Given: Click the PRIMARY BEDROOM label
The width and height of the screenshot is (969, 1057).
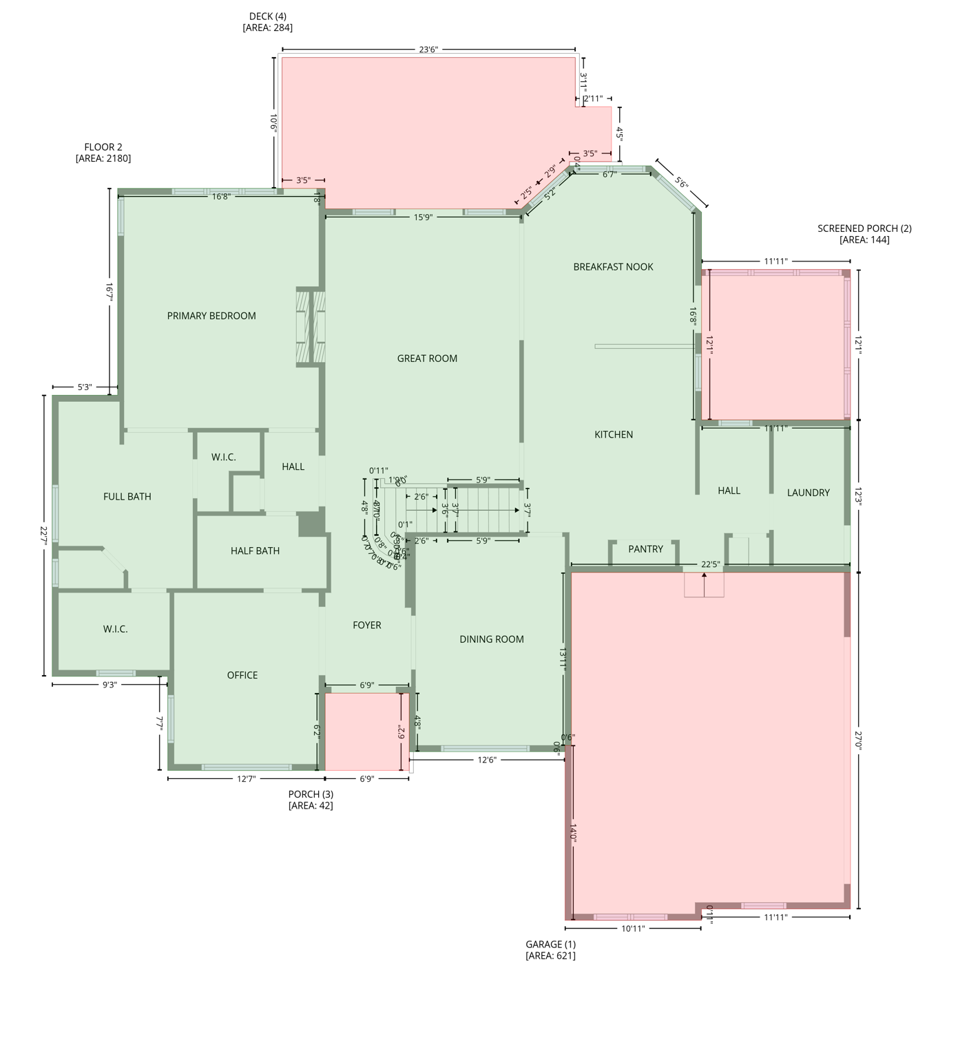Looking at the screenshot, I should [211, 316].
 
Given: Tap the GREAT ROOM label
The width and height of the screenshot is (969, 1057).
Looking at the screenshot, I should [427, 359].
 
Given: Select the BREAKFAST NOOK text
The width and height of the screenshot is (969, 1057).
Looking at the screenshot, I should [613, 267].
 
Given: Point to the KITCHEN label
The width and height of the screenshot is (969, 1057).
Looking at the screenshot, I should [614, 434].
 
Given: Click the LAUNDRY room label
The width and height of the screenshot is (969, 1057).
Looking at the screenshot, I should [808, 493].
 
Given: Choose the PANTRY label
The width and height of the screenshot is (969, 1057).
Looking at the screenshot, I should [645, 549].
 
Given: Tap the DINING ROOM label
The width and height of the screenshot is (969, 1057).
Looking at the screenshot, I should [492, 639].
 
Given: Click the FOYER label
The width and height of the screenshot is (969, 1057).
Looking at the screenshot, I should [366, 626].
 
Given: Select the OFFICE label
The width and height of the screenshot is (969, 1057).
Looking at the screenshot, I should [242, 675].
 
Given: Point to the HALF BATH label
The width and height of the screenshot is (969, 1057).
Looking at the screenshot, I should [255, 551].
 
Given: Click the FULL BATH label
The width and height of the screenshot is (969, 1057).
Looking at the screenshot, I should [127, 496].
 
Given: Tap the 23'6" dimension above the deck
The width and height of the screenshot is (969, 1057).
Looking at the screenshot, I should [428, 50].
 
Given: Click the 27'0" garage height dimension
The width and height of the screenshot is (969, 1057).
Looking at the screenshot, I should [858, 740].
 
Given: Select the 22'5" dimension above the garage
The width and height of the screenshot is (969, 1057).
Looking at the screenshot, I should [710, 565].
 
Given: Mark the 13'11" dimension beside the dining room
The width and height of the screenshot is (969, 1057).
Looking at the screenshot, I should [563, 660].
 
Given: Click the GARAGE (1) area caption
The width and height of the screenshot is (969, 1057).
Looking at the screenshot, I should [550, 950].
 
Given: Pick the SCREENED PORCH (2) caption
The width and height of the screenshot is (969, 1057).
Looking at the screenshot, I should [864, 234].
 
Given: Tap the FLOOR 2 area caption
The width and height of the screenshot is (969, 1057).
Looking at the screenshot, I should [103, 153].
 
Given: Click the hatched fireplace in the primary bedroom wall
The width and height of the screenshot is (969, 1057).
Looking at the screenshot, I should [311, 327].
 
